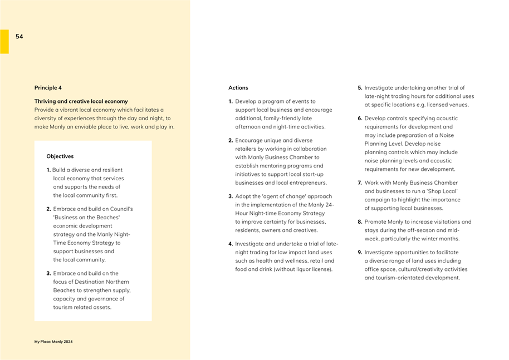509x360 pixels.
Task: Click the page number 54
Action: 19,37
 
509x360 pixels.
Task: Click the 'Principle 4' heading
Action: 48,88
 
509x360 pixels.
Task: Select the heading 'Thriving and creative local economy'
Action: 81,101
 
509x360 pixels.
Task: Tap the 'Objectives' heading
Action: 60,156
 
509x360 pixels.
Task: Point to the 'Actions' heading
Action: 238,88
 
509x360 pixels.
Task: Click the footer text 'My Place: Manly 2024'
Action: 53,342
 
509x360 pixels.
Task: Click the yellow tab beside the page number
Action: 4,42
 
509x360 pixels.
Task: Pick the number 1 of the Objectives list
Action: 48,170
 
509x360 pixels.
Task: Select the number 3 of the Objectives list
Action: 48,274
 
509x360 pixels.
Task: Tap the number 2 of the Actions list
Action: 231,141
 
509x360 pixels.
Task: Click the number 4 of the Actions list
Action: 231,244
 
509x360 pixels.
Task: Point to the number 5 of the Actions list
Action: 360,88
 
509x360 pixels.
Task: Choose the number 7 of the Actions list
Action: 360,183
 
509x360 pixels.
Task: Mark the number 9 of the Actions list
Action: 360,253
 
